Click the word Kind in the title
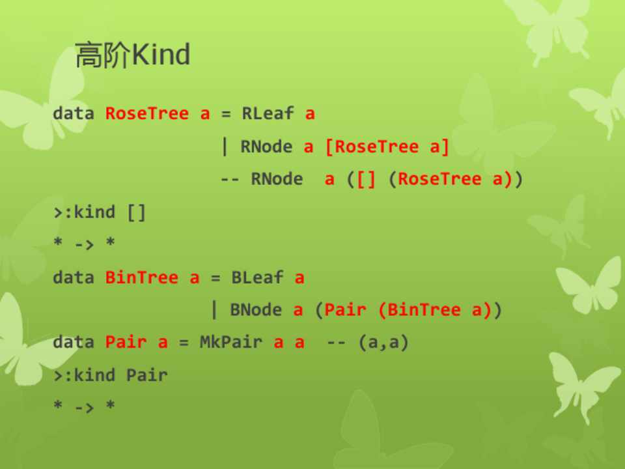pyautogui.click(x=161, y=54)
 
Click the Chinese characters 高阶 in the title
pyautogui.click(x=103, y=55)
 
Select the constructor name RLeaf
pyautogui.click(x=268, y=113)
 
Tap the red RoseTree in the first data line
pyautogui.click(x=147, y=113)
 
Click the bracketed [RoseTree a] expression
pyautogui.click(x=387, y=147)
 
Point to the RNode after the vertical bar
pyautogui.click(x=266, y=147)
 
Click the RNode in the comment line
pyautogui.click(x=277, y=178)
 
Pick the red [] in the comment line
pyautogui.click(x=367, y=179)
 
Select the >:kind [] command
pyautogui.click(x=100, y=212)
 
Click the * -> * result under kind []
pyautogui.click(x=85, y=242)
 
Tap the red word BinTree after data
pyautogui.click(x=141, y=277)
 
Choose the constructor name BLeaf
pyautogui.click(x=258, y=277)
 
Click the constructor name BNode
pyautogui.click(x=256, y=310)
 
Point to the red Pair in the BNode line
pyautogui.click(x=345, y=310)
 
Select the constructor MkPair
pyautogui.click(x=230, y=342)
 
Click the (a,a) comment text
pyautogui.click(x=383, y=343)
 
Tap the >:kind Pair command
pyautogui.click(x=111, y=375)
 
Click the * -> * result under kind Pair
pyautogui.click(x=85, y=406)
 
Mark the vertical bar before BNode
pyautogui.click(x=214, y=310)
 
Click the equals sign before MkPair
pyautogui.click(x=184, y=343)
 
